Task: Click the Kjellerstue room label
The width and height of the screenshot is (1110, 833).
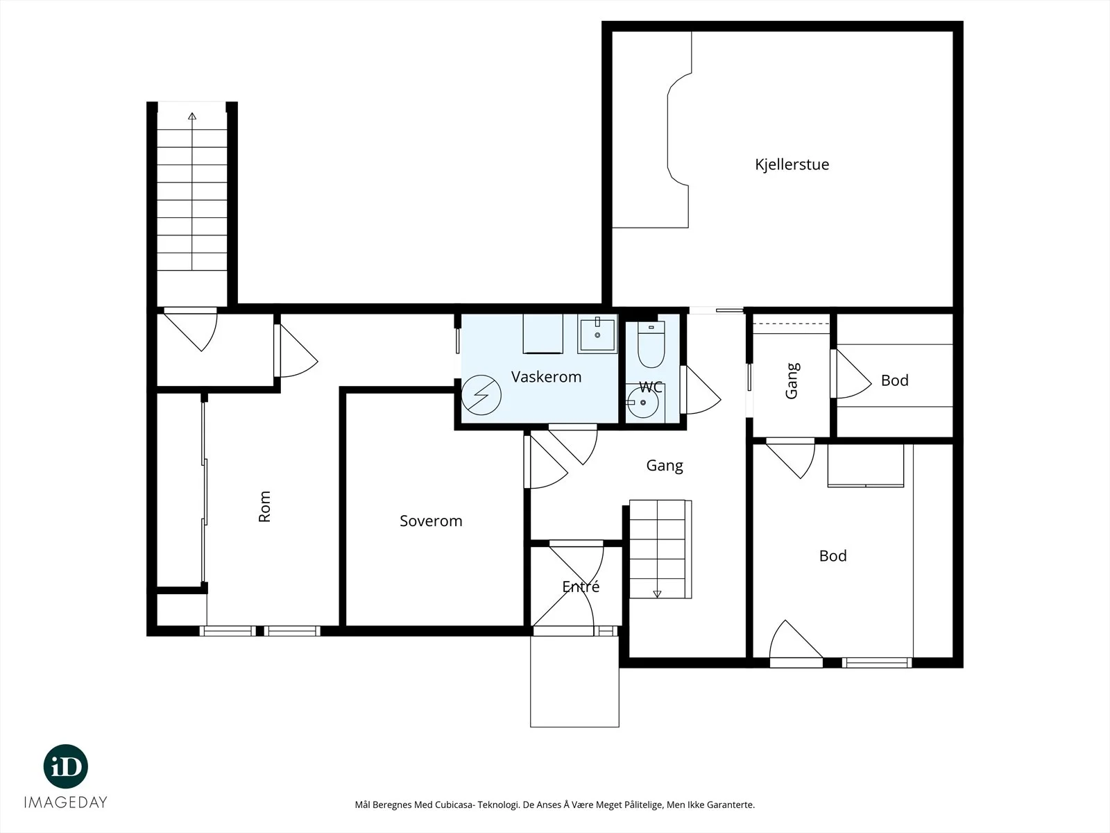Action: point(792,165)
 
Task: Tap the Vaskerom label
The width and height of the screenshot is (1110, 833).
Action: point(546,377)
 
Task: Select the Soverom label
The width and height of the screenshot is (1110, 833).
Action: point(431,521)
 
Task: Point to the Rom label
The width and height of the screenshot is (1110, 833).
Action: point(264,506)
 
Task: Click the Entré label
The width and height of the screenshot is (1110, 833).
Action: point(581,586)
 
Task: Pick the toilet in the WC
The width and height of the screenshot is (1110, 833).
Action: point(651,344)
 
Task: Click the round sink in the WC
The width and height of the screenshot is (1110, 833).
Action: point(642,403)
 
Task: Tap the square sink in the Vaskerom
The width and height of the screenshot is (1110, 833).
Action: point(597,334)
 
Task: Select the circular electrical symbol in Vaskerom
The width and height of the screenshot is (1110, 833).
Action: point(481,395)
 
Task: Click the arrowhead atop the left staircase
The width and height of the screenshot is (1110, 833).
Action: point(192,117)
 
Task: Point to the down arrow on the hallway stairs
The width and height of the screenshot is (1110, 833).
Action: point(657,594)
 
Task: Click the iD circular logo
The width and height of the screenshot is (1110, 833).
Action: point(66,766)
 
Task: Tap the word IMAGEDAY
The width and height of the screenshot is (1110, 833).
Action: point(66,802)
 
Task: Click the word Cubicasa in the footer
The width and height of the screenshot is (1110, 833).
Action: point(455,805)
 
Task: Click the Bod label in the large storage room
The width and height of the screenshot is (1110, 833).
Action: point(833,556)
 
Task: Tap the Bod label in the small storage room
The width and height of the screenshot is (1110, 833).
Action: point(894,380)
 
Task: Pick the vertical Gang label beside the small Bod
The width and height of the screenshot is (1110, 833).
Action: point(792,381)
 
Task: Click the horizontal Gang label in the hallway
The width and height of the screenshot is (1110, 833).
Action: point(665,466)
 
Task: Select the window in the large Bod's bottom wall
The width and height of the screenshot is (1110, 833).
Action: point(877,662)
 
